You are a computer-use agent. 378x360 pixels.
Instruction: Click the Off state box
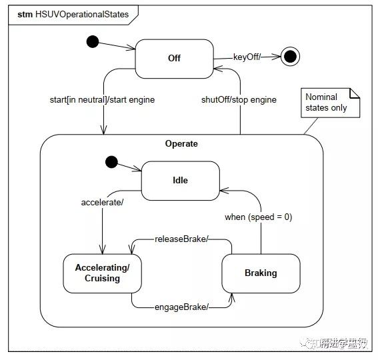click(x=174, y=59)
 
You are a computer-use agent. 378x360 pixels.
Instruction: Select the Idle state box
click(x=180, y=180)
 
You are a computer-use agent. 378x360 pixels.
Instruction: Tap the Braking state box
click(x=260, y=273)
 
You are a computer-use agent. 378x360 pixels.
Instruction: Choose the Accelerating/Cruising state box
click(x=102, y=273)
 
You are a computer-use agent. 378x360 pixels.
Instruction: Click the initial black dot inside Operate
click(x=111, y=162)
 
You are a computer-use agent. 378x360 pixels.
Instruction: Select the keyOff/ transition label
click(x=246, y=57)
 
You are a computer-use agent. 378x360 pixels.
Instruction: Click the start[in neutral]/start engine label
click(x=102, y=100)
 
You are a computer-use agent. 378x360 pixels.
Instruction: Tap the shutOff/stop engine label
click(x=239, y=100)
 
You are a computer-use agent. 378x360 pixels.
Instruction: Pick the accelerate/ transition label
click(x=102, y=201)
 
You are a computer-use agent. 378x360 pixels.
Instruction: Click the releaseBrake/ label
click(x=181, y=239)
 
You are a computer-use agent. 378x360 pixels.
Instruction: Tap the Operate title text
click(x=181, y=143)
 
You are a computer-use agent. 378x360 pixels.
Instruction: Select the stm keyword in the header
click(x=25, y=13)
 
